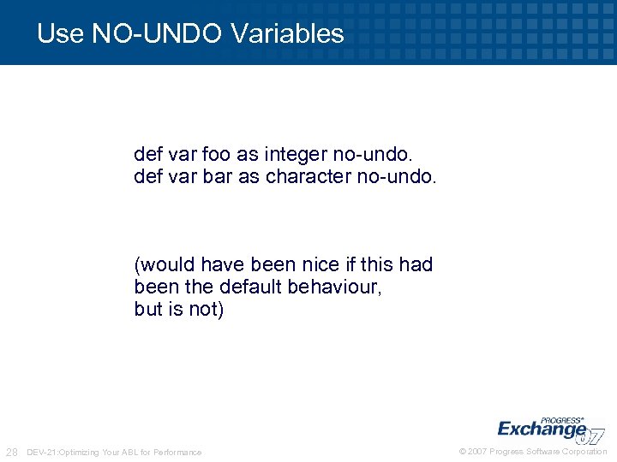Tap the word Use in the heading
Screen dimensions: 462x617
tap(59, 33)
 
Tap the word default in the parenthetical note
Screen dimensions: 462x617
tap(248, 287)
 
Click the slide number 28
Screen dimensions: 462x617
tap(12, 452)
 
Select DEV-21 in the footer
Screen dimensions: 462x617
tap(42, 452)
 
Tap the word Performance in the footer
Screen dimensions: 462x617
tap(178, 452)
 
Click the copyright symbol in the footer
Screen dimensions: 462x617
tap(463, 452)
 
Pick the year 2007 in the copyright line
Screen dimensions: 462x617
tap(477, 452)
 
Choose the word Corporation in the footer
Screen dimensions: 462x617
tap(584, 452)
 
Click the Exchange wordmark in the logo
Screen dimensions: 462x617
tap(540, 428)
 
